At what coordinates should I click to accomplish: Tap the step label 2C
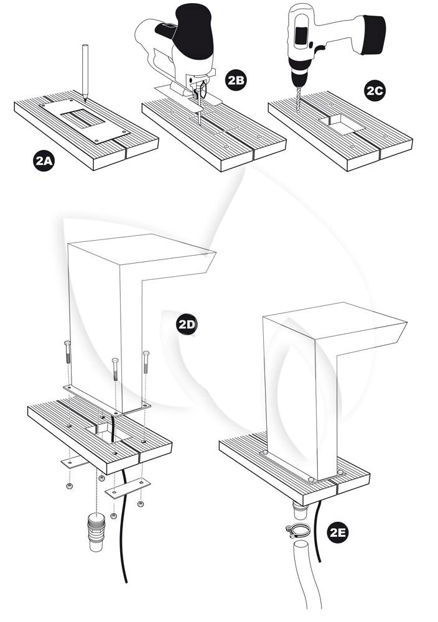[x=375, y=90]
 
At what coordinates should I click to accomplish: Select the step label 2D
[x=187, y=324]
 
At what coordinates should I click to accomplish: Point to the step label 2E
[x=340, y=532]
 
